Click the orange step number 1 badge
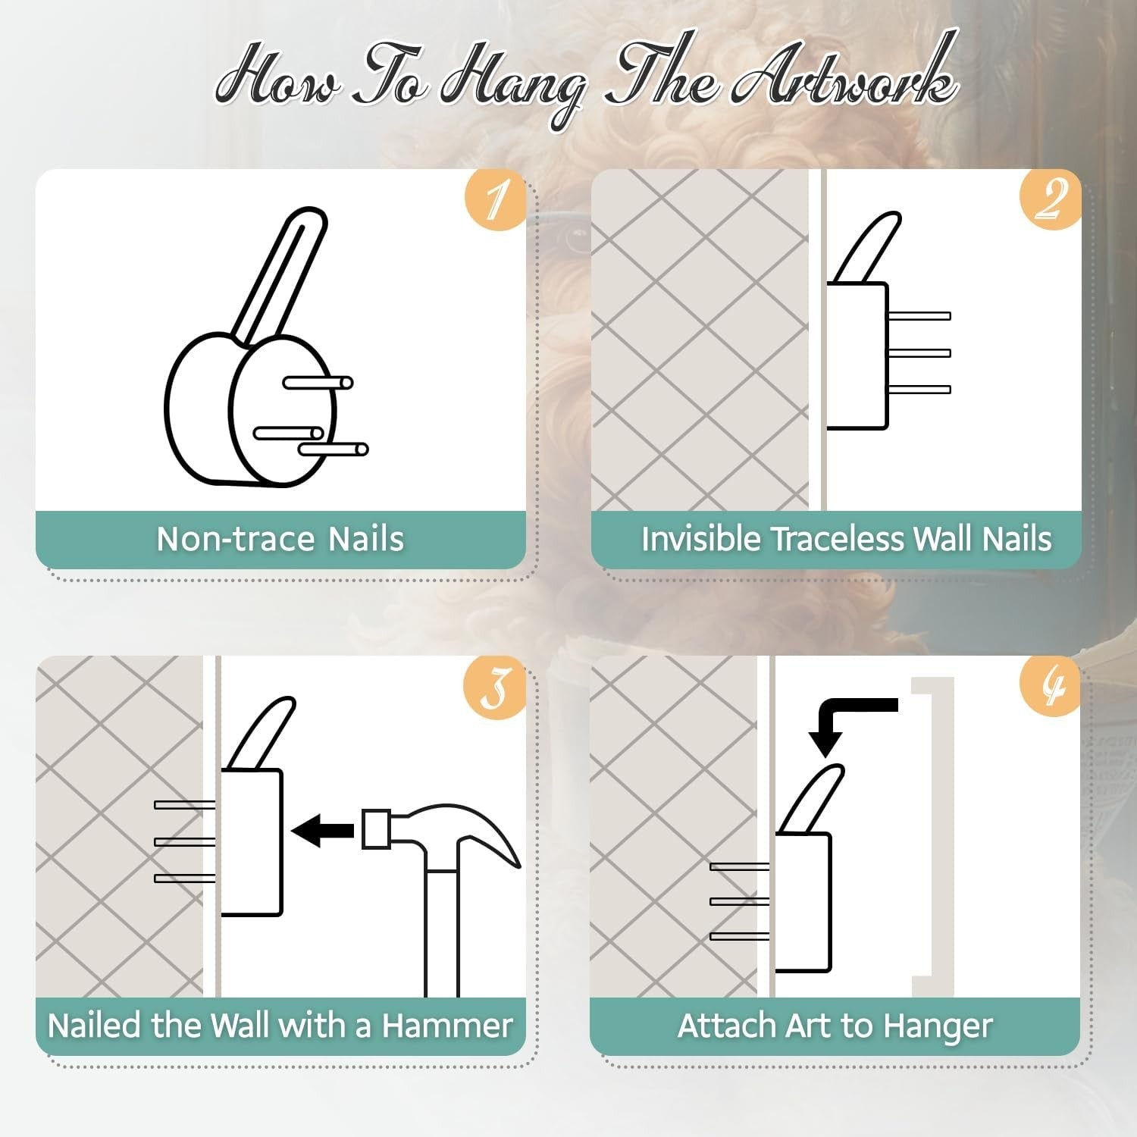tap(496, 199)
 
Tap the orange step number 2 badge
tap(1051, 199)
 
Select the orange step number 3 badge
tap(496, 687)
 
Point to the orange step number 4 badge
tap(1051, 687)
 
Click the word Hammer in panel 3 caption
tap(447, 1026)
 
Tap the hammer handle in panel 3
tap(442, 933)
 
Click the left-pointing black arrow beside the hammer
tap(323, 831)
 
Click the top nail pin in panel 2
tap(919, 316)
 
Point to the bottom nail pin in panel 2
tap(919, 390)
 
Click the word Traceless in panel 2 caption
tap(838, 539)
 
